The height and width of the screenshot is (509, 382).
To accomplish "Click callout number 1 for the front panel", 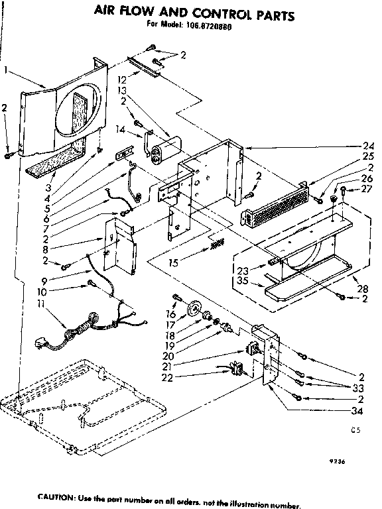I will [5, 70].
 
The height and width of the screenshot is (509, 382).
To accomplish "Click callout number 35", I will [242, 280].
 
